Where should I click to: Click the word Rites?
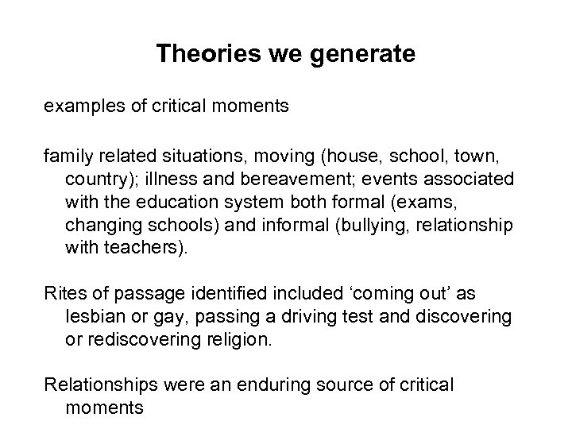coord(66,293)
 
